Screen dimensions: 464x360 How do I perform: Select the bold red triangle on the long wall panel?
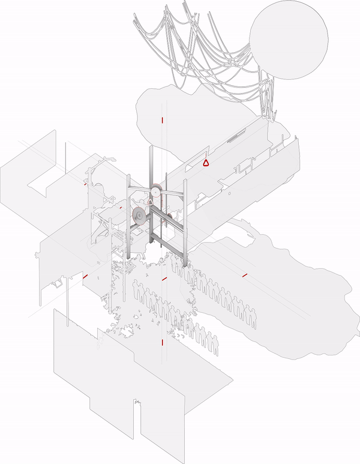click(x=205, y=161)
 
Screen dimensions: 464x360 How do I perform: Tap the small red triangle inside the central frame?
click(x=150, y=203)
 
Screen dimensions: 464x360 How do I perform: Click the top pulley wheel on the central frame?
click(x=155, y=191)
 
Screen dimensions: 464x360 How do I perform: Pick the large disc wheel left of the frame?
click(x=139, y=216)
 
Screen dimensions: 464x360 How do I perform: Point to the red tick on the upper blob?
click(x=162, y=120)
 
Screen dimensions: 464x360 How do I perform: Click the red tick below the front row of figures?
click(x=162, y=342)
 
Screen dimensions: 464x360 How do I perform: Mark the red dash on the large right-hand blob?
click(x=245, y=275)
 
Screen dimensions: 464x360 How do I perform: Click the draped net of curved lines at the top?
click(x=192, y=48)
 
